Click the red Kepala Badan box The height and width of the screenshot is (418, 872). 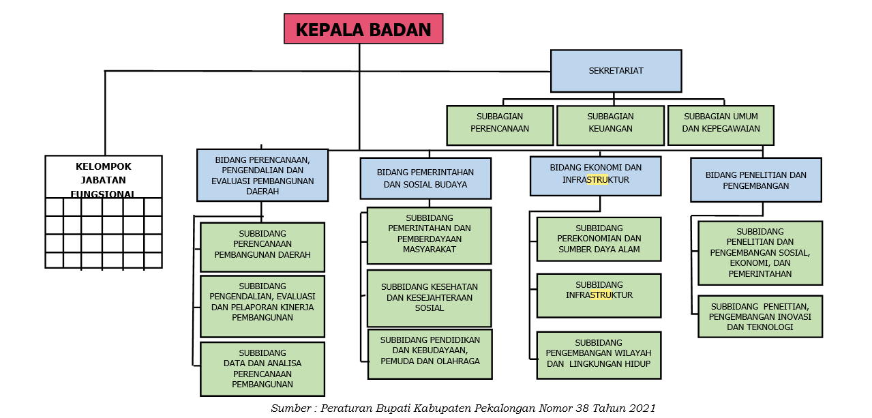363,29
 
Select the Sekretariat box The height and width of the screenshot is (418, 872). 616,71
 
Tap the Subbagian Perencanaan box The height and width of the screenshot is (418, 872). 500,125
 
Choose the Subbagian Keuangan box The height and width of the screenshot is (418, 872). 610,125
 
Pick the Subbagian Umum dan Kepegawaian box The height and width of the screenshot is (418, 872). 721,125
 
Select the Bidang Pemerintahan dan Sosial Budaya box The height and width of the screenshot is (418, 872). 425,179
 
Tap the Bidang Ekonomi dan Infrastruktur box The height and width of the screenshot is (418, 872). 595,175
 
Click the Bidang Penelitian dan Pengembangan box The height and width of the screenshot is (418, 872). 755,180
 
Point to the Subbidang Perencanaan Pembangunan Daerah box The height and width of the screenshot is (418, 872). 262,247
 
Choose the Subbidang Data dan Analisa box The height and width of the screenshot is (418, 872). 262,369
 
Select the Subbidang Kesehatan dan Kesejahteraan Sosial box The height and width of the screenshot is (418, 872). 429,298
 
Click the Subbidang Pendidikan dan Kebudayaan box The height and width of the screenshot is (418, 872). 430,354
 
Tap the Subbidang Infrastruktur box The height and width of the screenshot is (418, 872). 599,295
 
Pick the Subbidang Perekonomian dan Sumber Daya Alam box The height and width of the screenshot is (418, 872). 599,239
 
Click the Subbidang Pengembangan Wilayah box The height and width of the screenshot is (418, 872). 599,355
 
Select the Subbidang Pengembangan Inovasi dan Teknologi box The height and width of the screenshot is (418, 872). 760,316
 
